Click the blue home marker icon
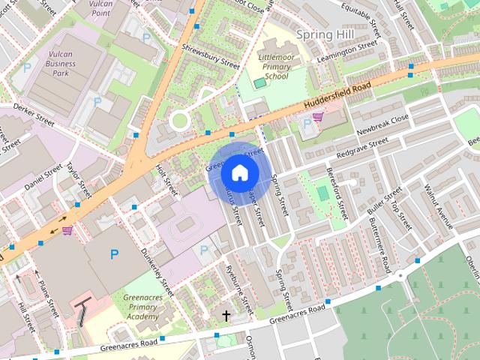240,173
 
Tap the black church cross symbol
226,316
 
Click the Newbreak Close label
382,124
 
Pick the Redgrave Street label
362,147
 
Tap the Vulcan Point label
100,8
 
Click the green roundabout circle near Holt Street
179,120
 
